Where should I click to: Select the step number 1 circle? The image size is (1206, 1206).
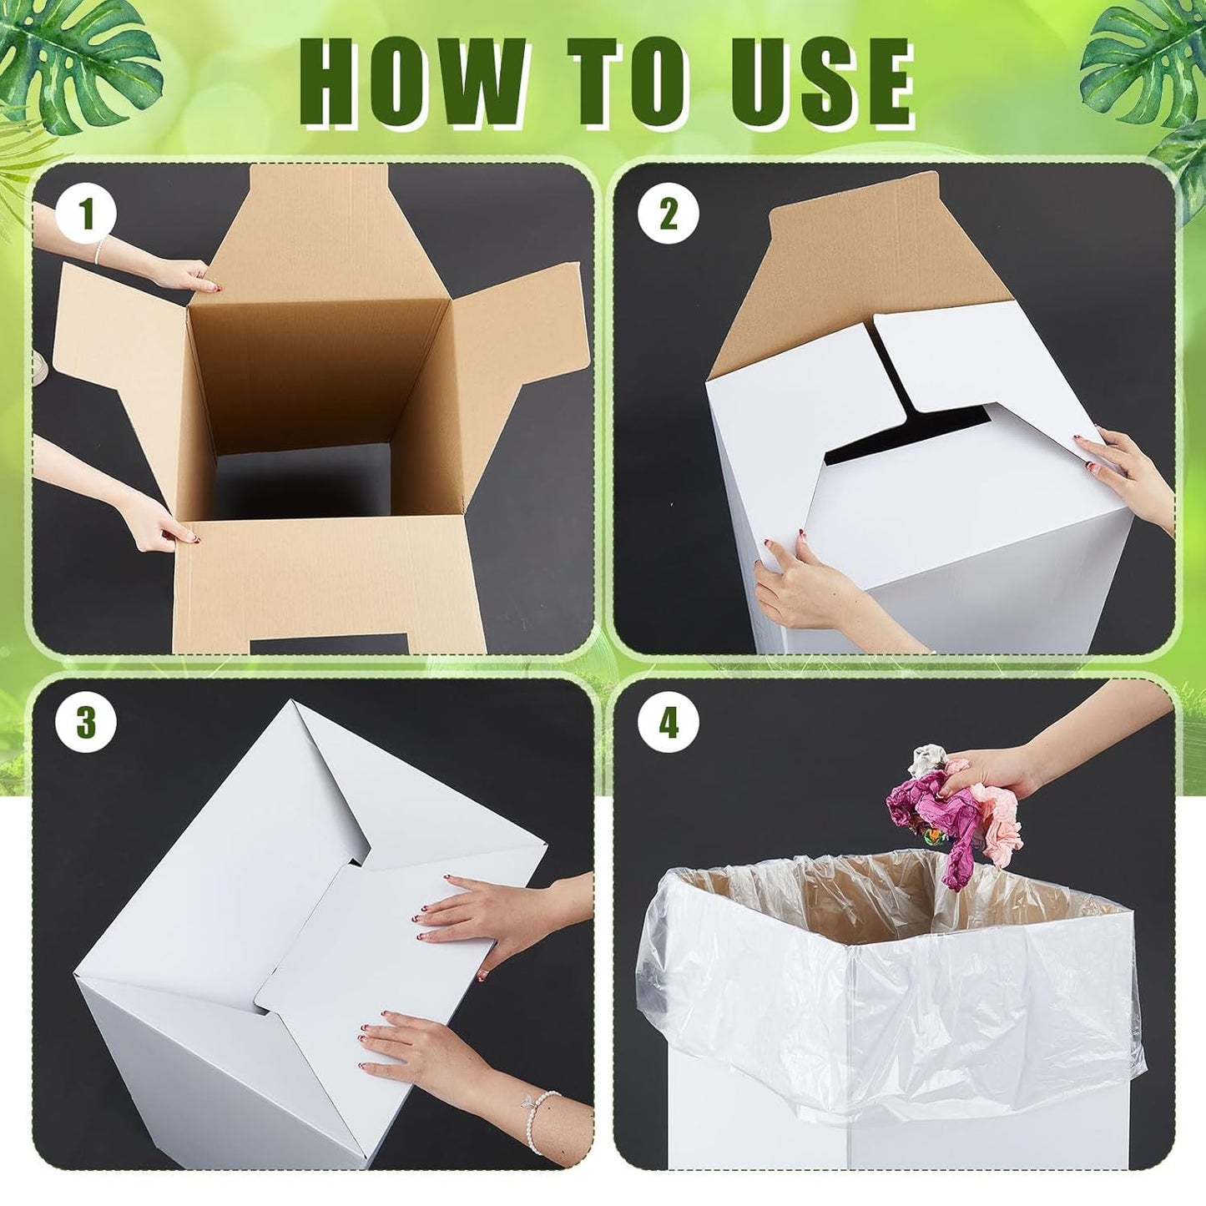pos(86,214)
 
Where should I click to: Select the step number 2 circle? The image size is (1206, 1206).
pos(668,214)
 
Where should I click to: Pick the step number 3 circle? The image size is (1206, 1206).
pos(86,722)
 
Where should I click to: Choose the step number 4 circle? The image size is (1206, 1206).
pos(668,722)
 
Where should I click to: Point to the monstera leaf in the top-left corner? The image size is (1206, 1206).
pos(79,58)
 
